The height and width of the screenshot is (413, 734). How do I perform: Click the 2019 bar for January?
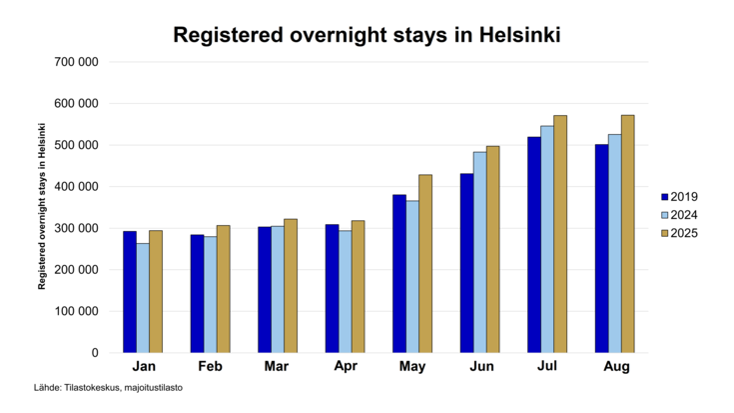[130, 292]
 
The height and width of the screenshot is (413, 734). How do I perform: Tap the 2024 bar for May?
[412, 277]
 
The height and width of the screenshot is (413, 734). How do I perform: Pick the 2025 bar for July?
[560, 234]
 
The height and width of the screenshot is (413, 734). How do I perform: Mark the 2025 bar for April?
[359, 286]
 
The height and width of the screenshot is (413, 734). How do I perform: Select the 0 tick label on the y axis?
[95, 353]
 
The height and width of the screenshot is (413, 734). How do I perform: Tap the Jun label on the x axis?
[480, 368]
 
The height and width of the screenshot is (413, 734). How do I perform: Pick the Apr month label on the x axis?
[345, 368]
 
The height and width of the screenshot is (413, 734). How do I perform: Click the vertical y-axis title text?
[43, 205]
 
